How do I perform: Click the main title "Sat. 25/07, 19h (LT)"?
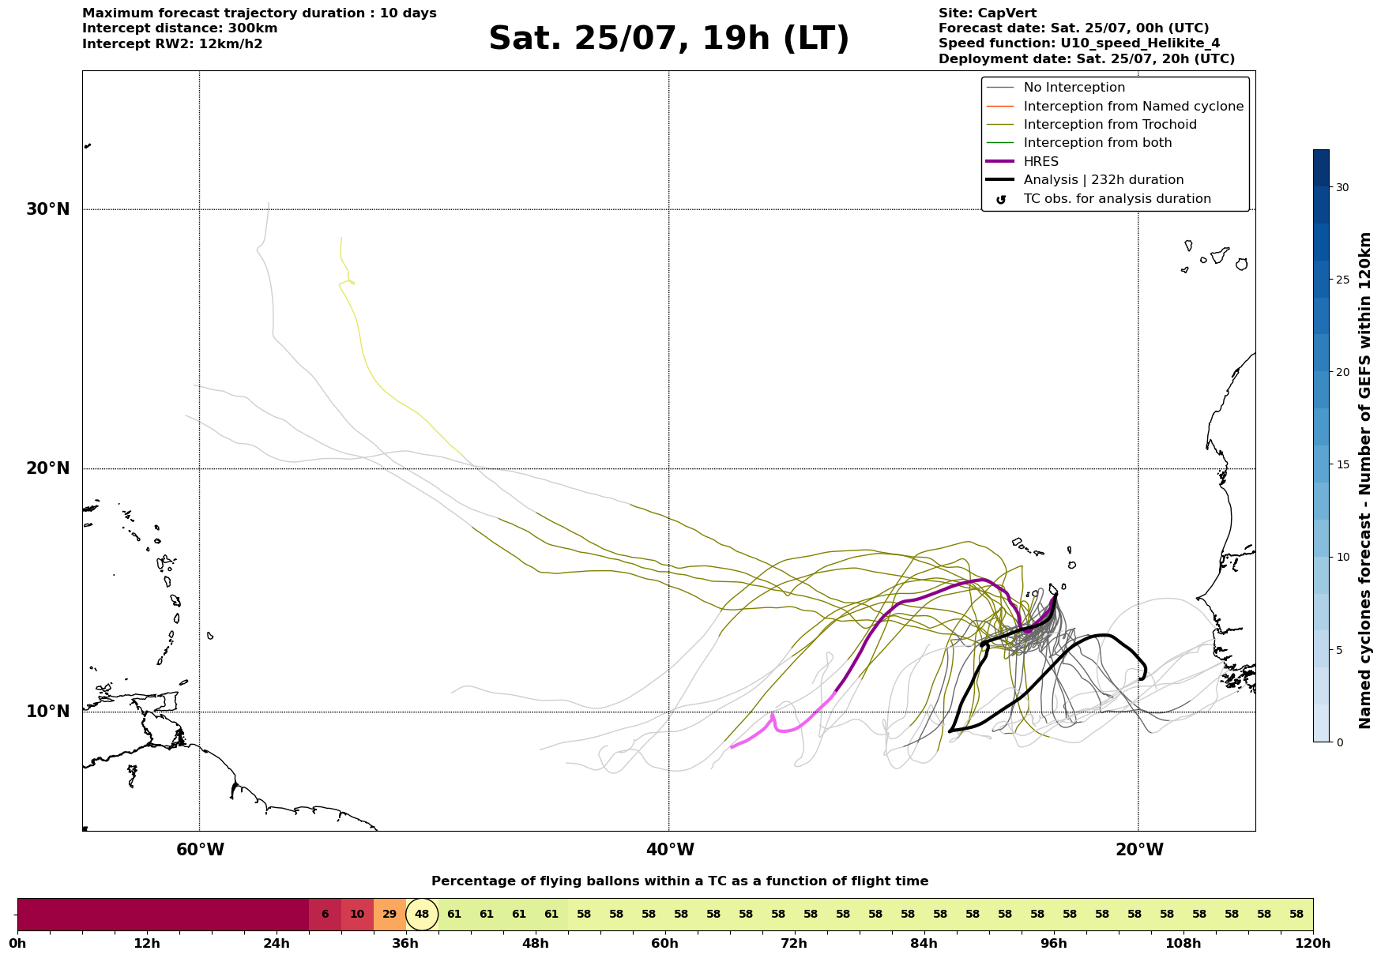point(668,39)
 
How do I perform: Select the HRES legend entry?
point(1023,162)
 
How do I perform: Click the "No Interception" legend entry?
point(1056,88)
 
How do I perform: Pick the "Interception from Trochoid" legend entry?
point(1092,125)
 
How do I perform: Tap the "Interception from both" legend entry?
point(1079,143)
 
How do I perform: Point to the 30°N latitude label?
point(48,209)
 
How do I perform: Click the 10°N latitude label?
point(48,712)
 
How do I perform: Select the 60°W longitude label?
point(200,850)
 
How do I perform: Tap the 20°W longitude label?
point(1139,850)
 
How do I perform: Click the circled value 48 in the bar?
point(422,915)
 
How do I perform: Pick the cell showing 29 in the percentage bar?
point(389,915)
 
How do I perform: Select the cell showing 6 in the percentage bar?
point(325,915)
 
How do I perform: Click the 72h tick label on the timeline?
point(794,944)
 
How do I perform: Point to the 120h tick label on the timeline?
point(1313,944)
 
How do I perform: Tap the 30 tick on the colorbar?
point(1342,187)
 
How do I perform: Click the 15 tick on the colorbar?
point(1342,464)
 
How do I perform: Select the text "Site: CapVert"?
point(988,13)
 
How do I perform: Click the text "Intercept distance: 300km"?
point(180,28)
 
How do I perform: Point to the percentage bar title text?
point(680,881)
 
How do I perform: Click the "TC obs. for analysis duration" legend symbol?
point(1001,199)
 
